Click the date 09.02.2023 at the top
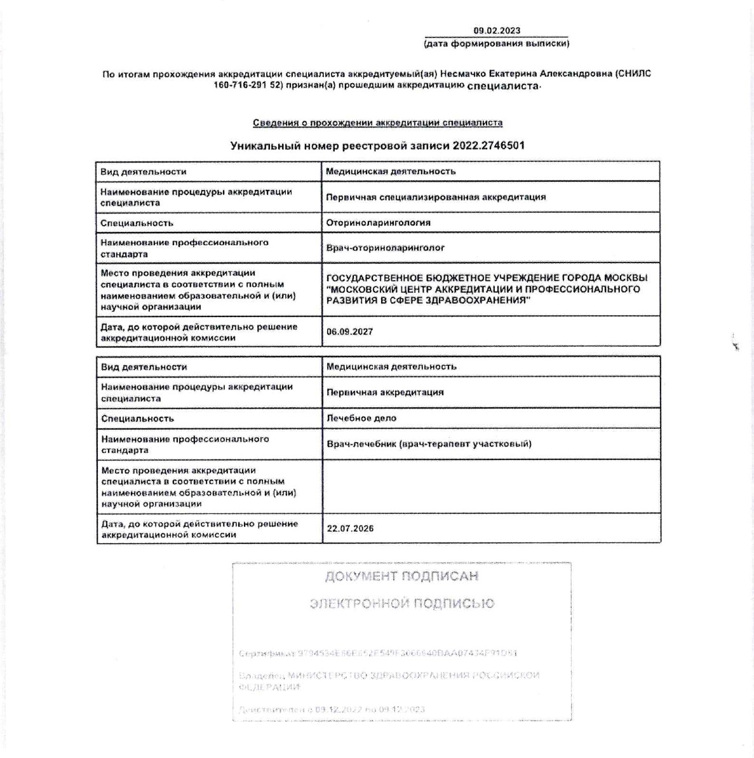tap(497, 30)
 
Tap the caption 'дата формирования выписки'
tap(497, 44)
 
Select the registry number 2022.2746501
tap(488, 146)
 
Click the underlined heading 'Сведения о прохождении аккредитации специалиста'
tap(377, 123)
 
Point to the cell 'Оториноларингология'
tap(378, 222)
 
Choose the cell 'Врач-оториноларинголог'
tap(385, 248)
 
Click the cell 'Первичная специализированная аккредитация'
tap(436, 197)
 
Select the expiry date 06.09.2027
tap(349, 332)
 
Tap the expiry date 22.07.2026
tap(350, 529)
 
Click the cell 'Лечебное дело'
tap(361, 418)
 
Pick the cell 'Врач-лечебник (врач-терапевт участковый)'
tap(429, 443)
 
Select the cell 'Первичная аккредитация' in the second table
tap(385, 392)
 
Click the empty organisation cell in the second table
tap(491, 486)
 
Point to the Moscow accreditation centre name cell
tap(487, 289)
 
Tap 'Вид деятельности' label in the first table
tap(144, 172)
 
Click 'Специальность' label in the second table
tap(137, 418)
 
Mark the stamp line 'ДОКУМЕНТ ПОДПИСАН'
tap(401, 577)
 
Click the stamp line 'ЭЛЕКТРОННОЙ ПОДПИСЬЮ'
tap(401, 603)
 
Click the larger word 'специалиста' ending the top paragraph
tap(502, 85)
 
